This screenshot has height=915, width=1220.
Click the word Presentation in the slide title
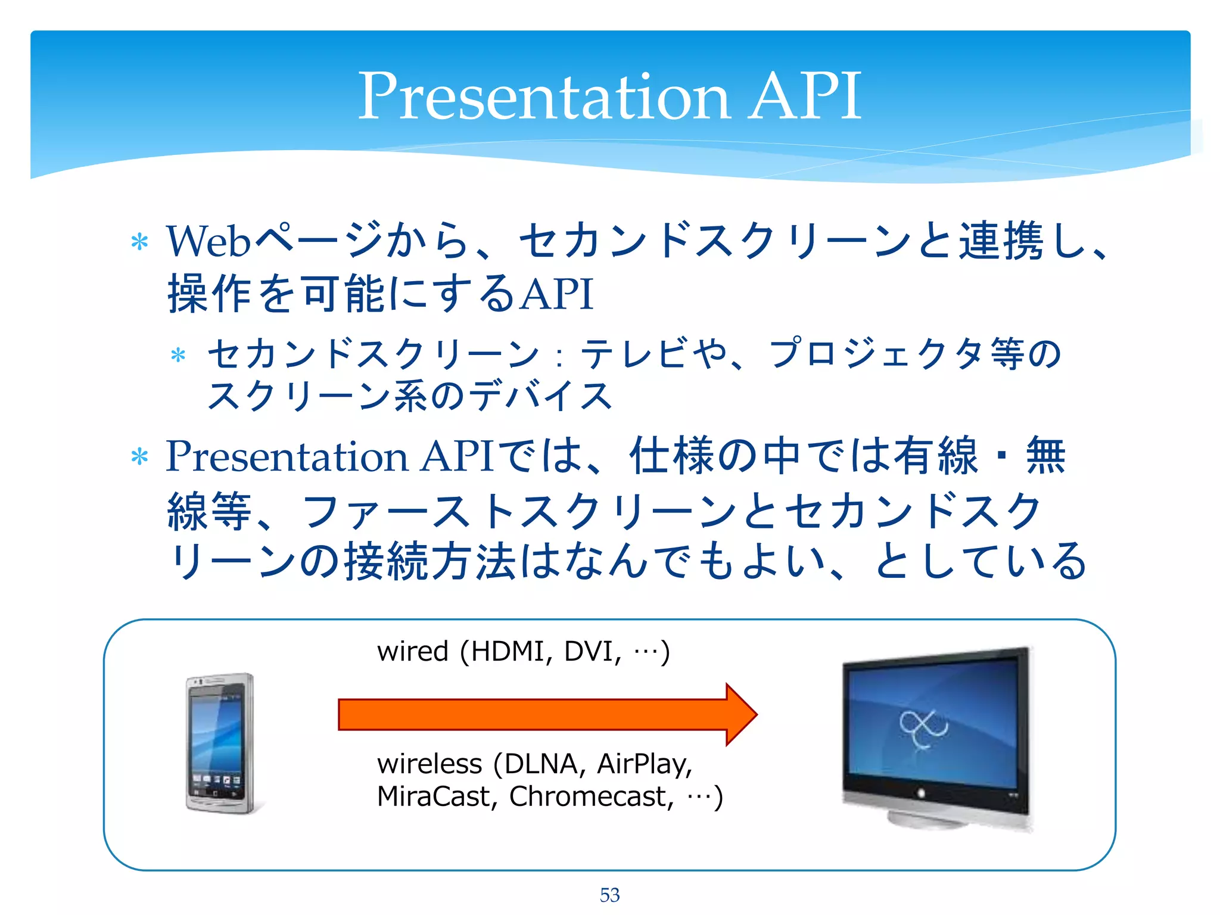click(543, 97)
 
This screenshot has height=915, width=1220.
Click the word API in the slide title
click(804, 97)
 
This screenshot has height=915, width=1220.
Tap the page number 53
click(609, 895)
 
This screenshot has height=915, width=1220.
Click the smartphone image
click(220, 743)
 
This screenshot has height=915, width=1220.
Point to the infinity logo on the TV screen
click(923, 727)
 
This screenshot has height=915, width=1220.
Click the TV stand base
click(929, 820)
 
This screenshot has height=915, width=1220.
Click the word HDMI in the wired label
click(507, 651)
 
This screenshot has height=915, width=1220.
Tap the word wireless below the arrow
click(429, 764)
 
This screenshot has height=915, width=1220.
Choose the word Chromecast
click(590, 796)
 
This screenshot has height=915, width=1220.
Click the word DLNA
click(542, 764)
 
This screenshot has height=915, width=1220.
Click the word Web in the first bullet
click(208, 241)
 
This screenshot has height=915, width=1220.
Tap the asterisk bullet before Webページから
click(139, 242)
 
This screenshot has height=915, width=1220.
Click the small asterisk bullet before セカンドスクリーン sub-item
click(178, 356)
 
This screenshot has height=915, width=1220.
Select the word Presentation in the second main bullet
click(287, 456)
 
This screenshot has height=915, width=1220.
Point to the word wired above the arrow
click(412, 651)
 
